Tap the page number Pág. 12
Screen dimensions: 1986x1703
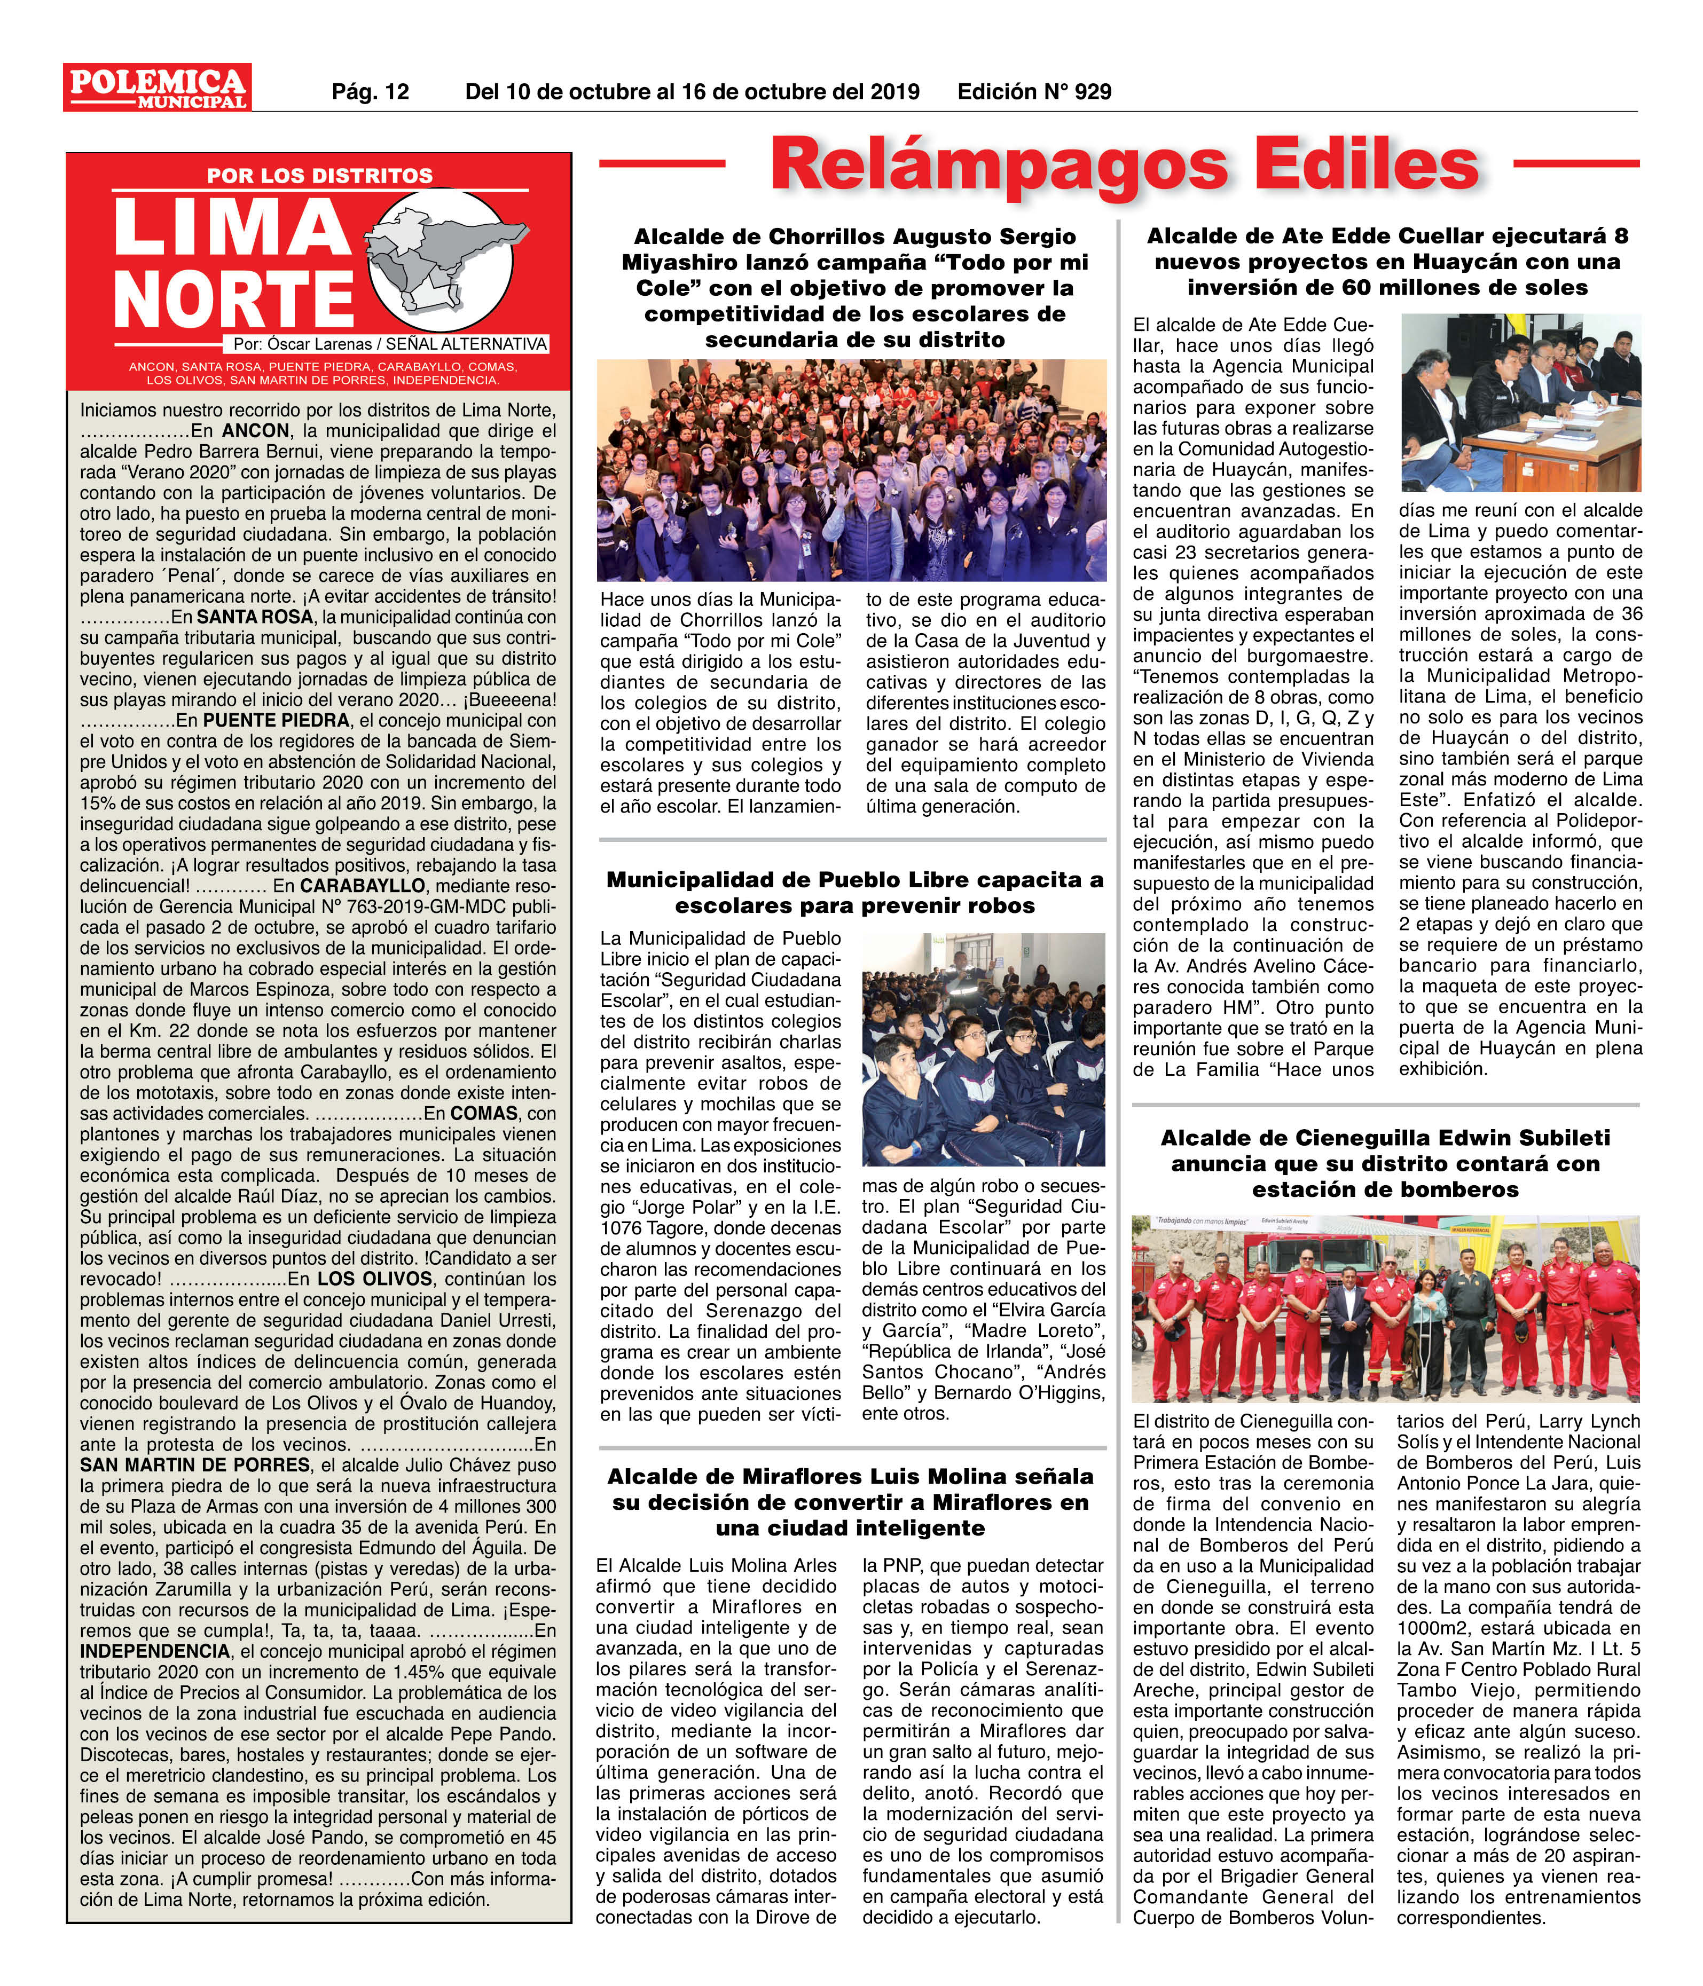pyautogui.click(x=370, y=92)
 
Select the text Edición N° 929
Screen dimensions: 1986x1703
pyautogui.click(x=1034, y=92)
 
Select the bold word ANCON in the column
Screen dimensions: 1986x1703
pyautogui.click(x=254, y=431)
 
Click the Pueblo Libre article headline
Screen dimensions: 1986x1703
pyautogui.click(x=854, y=892)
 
